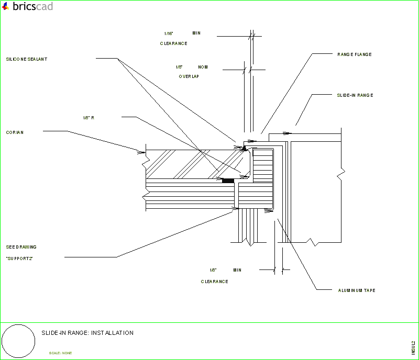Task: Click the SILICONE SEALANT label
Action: pos(27,59)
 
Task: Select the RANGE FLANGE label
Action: pos(355,54)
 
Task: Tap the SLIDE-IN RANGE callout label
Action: pos(355,95)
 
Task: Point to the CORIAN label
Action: pos(15,132)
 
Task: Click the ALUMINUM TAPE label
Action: pos(356,290)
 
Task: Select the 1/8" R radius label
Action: pos(89,118)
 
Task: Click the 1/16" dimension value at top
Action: pos(169,33)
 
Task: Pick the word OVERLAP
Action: pos(189,76)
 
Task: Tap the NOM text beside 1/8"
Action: pos(203,67)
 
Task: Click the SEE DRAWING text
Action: pos(21,247)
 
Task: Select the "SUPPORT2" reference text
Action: pos(19,258)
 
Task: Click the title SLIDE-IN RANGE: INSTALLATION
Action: pos(87,333)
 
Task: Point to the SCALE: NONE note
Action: pos(61,353)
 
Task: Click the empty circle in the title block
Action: pos(19,341)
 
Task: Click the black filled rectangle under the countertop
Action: pos(228,181)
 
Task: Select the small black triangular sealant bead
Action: pos(244,148)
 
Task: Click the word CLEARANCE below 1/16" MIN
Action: pos(173,43)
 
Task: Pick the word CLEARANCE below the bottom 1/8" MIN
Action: pos(214,282)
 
